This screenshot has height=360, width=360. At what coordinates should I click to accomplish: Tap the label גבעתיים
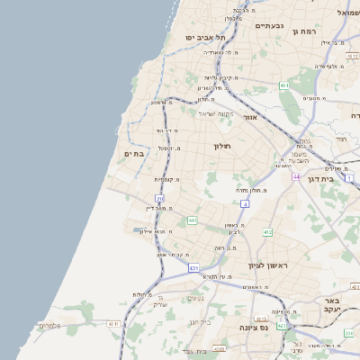(269, 26)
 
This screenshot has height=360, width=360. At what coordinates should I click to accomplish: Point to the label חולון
(222, 146)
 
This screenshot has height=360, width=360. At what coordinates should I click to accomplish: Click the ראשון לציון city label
(265, 265)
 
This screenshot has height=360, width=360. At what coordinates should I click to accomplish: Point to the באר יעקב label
(331, 304)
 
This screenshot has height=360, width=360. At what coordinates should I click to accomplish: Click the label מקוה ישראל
(216, 113)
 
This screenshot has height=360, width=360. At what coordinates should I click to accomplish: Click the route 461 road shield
(284, 85)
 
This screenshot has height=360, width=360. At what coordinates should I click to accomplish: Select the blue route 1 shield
(348, 179)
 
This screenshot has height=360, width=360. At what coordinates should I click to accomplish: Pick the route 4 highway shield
(245, 203)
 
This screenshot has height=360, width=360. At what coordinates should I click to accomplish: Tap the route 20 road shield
(159, 198)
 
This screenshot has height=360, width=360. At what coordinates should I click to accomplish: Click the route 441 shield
(193, 220)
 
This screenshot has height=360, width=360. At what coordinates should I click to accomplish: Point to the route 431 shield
(193, 268)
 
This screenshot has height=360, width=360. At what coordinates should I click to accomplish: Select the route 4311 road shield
(112, 323)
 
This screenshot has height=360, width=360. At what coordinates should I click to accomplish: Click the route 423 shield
(283, 325)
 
